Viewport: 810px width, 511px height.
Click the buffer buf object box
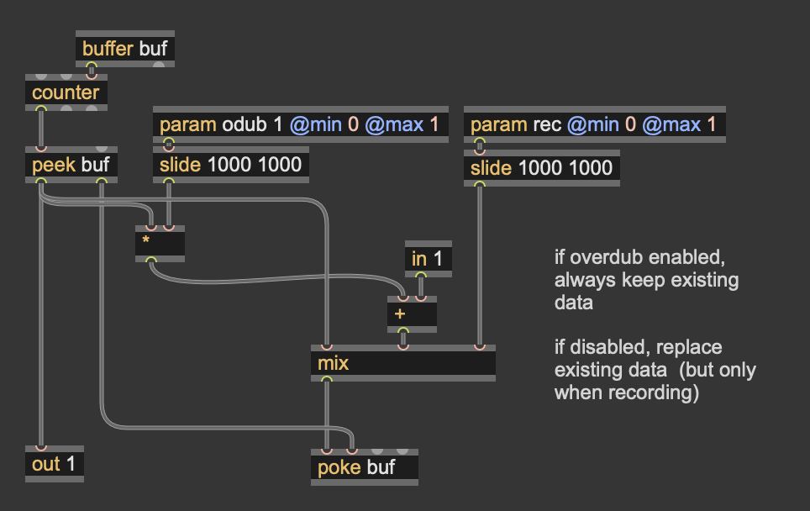click(125, 49)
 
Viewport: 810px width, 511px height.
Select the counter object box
click(66, 92)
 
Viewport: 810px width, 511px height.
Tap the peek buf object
click(71, 164)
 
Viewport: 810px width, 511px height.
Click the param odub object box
click(300, 125)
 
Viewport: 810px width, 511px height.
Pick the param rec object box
click(594, 125)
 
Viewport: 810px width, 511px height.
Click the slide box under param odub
click(230, 164)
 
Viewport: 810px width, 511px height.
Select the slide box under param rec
click(541, 168)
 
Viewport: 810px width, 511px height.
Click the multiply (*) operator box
click(160, 243)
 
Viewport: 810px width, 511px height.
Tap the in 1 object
click(427, 260)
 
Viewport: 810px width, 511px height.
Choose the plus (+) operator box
click(412, 313)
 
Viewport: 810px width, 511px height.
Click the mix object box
click(402, 364)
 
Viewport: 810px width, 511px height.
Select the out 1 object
click(54, 464)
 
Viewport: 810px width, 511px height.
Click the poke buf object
click(364, 467)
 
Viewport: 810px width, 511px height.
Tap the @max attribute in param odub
click(393, 125)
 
